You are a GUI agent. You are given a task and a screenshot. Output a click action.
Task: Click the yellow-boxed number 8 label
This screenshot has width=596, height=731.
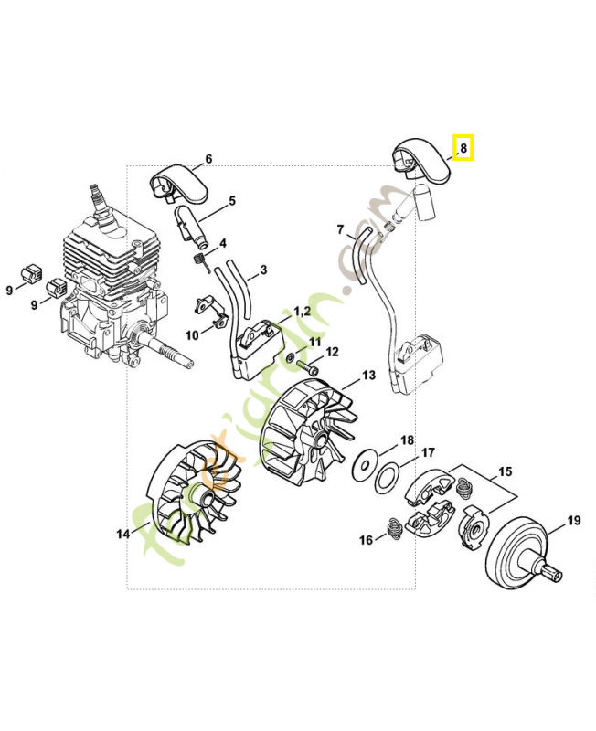click(x=463, y=147)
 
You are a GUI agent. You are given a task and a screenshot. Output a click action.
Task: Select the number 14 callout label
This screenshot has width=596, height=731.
click(x=123, y=534)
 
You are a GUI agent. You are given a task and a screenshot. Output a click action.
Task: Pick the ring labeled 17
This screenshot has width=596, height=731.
click(x=388, y=475)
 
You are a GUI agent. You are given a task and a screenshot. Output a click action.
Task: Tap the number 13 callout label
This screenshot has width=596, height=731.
click(x=368, y=375)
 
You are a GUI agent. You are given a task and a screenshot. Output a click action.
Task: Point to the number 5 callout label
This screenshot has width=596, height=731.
click(x=232, y=201)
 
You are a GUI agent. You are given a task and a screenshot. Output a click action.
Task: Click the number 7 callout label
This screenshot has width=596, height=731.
click(x=340, y=229)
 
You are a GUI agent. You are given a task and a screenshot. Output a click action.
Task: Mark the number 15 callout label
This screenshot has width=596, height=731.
click(x=505, y=472)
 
